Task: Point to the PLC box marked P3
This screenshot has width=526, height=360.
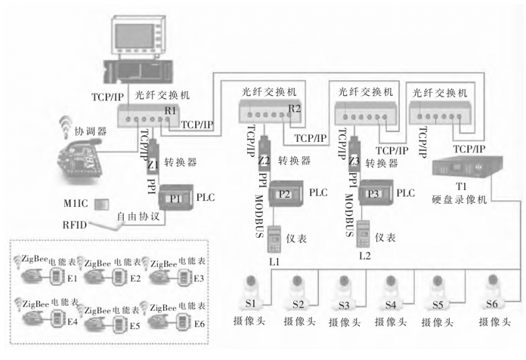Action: [375, 194]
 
